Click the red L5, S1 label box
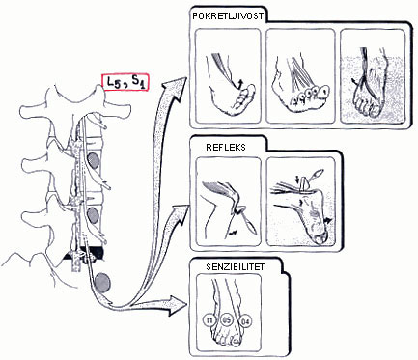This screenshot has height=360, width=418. point(125,83)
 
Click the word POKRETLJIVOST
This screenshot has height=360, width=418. point(228,16)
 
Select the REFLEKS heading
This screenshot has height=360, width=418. point(226,147)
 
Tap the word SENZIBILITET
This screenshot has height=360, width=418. point(236,267)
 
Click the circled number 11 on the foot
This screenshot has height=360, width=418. point(209,320)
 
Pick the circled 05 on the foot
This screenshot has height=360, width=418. point(227,320)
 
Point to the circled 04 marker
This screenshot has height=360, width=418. point(247,321)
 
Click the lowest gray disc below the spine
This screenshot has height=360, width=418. point(103,282)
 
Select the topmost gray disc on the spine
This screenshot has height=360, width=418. point(94,160)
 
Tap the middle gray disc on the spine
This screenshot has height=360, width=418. point(94,215)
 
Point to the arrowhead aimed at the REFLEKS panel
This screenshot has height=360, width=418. point(179,213)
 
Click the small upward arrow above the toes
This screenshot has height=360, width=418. point(239,85)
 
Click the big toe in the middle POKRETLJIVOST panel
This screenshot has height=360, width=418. point(323,92)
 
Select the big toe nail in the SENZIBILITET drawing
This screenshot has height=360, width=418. point(237,342)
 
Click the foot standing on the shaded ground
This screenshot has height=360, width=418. point(368,87)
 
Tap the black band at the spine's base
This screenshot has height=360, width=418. point(84,254)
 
